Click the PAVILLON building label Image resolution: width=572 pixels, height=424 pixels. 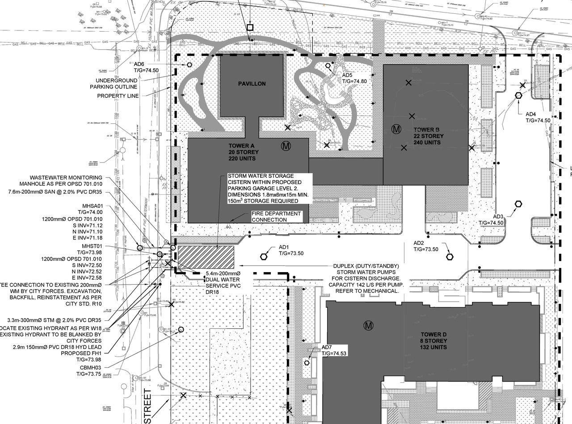coord(252,84)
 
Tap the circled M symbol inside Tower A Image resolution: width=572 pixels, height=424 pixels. coord(286,146)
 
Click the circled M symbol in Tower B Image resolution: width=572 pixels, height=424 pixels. coord(395,130)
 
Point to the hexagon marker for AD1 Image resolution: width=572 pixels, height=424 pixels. coord(264,256)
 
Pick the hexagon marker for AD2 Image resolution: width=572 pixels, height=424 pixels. coord(450,256)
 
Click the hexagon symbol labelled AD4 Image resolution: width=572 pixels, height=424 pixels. coord(518,95)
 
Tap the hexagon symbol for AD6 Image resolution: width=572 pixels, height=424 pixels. coord(189,65)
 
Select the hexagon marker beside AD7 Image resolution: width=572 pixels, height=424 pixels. coord(307,363)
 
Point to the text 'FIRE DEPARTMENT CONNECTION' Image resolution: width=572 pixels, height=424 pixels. coord(276,217)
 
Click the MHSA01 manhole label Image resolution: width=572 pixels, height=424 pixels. coord(91,206)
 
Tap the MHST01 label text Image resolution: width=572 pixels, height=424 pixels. coord(91,246)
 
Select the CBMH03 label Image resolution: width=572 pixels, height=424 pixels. coord(91,368)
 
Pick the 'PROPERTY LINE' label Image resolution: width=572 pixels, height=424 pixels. coord(118,96)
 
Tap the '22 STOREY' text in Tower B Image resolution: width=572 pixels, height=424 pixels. coord(429,136)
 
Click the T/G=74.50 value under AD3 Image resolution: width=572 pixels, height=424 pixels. coord(491,222)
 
